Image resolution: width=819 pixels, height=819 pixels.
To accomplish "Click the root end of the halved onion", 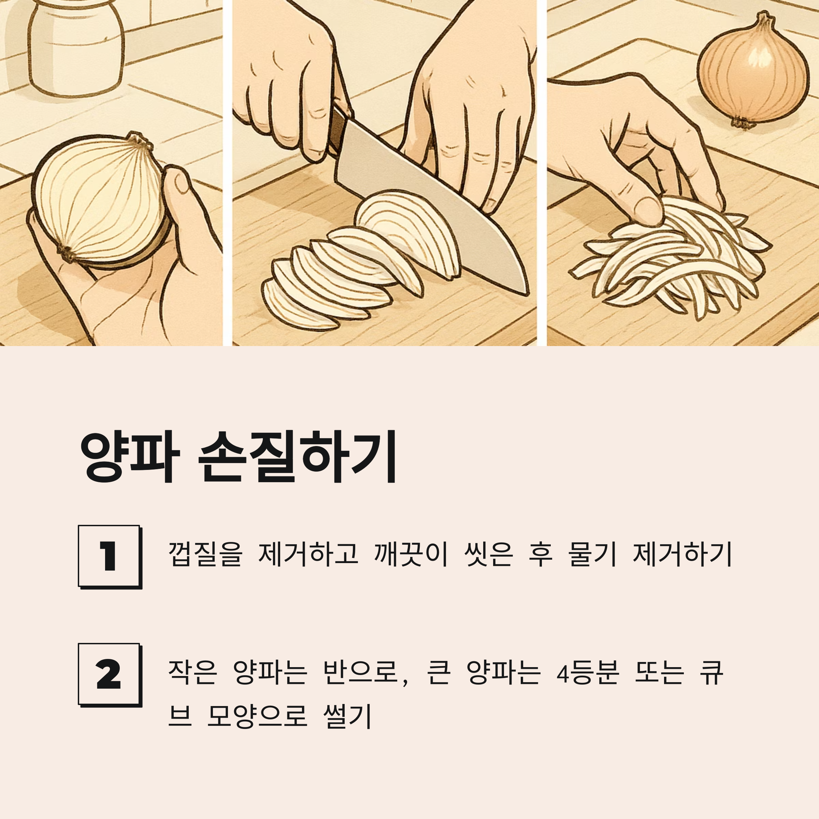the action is (66, 253).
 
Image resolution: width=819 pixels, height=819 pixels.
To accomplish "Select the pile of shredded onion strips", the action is (670, 259).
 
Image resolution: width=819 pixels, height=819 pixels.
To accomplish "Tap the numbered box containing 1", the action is (109, 557).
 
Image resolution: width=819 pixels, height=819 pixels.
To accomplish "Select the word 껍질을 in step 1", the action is (205, 554).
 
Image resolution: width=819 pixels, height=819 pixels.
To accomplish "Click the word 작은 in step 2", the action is (193, 672).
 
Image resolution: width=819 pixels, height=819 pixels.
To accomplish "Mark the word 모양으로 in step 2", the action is (257, 716).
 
